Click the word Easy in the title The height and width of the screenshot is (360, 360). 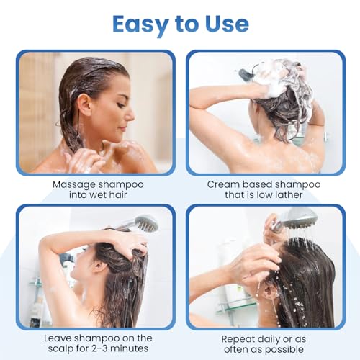pos(137,24)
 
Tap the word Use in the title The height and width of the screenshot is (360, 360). pos(223,24)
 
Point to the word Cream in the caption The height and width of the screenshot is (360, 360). pos(224,184)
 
